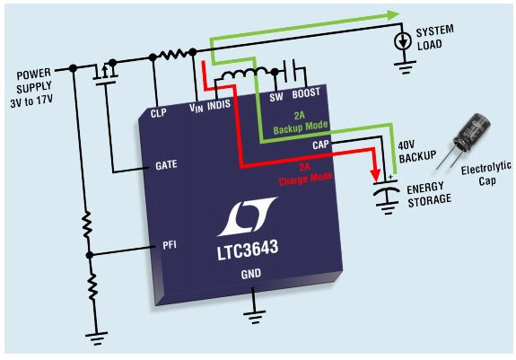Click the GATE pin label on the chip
pyautogui.click(x=166, y=164)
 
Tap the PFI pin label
pyautogui.click(x=170, y=245)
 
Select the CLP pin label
pyautogui.click(x=158, y=113)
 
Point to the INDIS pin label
pyautogui.click(x=219, y=105)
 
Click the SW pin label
pyautogui.click(x=276, y=97)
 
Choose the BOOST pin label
pyautogui.click(x=306, y=93)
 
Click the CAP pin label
pyautogui.click(x=320, y=145)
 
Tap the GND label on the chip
pyautogui.click(x=251, y=274)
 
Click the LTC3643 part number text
pyautogui.click(x=248, y=250)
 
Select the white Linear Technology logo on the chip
pyautogui.click(x=248, y=216)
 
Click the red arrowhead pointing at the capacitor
pyautogui.click(x=375, y=175)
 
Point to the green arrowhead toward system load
pyautogui.click(x=393, y=14)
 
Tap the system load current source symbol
pyautogui.click(x=403, y=41)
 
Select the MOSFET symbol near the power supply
pyautogui.click(x=105, y=73)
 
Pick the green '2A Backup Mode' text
pyautogui.click(x=301, y=123)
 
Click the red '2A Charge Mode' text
pyautogui.click(x=305, y=174)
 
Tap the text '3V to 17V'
pyautogui.click(x=31, y=101)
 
